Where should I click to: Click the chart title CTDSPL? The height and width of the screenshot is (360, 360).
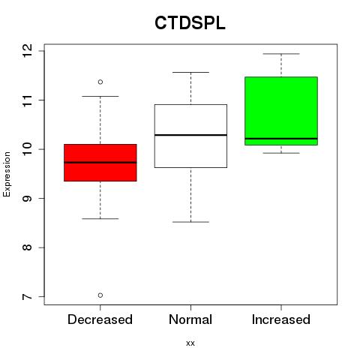pyautogui.click(x=190, y=23)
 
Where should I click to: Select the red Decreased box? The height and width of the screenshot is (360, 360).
pyautogui.click(x=100, y=163)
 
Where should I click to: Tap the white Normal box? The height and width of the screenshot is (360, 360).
pyautogui.click(x=190, y=136)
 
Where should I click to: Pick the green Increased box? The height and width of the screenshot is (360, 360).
pyautogui.click(x=281, y=111)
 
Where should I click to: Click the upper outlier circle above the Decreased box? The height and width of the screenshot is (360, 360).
pyautogui.click(x=100, y=82)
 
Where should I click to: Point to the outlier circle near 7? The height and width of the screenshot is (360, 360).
pyautogui.click(x=100, y=295)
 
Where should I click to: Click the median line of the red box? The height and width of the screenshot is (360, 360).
pyautogui.click(x=100, y=163)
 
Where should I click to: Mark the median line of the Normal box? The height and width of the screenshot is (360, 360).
pyautogui.click(x=190, y=135)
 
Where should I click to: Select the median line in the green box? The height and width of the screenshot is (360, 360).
pyautogui.click(x=281, y=139)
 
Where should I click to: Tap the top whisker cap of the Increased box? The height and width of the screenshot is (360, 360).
pyautogui.click(x=281, y=54)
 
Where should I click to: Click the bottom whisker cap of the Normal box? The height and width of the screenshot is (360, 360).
pyautogui.click(x=190, y=222)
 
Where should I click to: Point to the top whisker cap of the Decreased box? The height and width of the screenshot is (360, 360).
pyautogui.click(x=100, y=96)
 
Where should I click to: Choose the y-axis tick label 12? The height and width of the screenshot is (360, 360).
pyautogui.click(x=28, y=51)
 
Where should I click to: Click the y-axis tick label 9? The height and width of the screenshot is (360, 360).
pyautogui.click(x=28, y=199)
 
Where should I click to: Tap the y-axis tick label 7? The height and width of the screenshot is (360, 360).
pyautogui.click(x=28, y=297)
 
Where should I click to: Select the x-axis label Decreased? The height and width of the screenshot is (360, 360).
pyautogui.click(x=100, y=319)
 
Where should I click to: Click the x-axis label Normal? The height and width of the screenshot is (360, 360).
pyautogui.click(x=190, y=319)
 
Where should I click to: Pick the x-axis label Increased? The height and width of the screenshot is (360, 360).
pyautogui.click(x=281, y=319)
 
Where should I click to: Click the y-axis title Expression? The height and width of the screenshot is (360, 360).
pyautogui.click(x=7, y=175)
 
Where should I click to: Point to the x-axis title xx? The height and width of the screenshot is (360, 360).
pyautogui.click(x=190, y=343)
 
